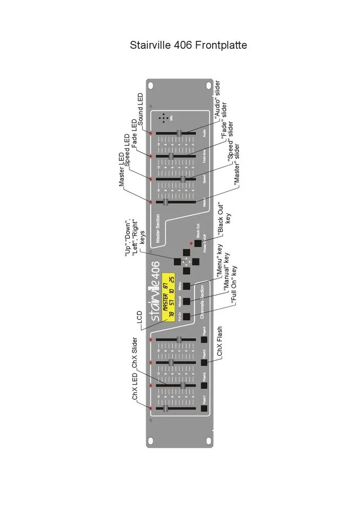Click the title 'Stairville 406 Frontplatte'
188,45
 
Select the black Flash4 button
205,339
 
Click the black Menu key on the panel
186,286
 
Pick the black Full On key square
186,317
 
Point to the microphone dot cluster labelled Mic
164,118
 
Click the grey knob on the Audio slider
179,133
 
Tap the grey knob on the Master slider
165,202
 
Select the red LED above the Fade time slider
151,156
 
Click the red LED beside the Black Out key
190,243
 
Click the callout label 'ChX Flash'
219,343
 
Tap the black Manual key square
186,302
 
